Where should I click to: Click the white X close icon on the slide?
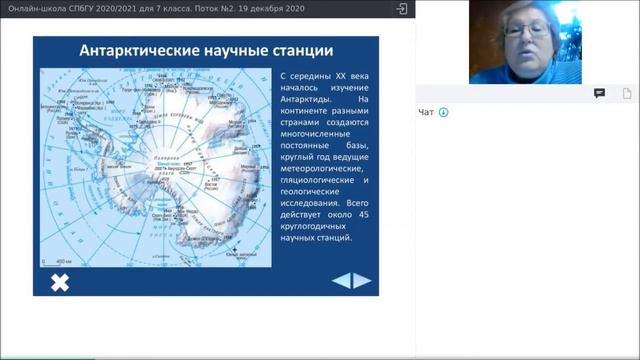point(60,281)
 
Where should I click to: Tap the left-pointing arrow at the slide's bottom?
point(341,280)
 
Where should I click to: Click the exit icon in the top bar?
point(401,8)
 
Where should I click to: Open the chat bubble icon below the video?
point(599,93)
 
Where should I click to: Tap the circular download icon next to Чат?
point(444,112)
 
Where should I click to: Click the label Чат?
point(426,112)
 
